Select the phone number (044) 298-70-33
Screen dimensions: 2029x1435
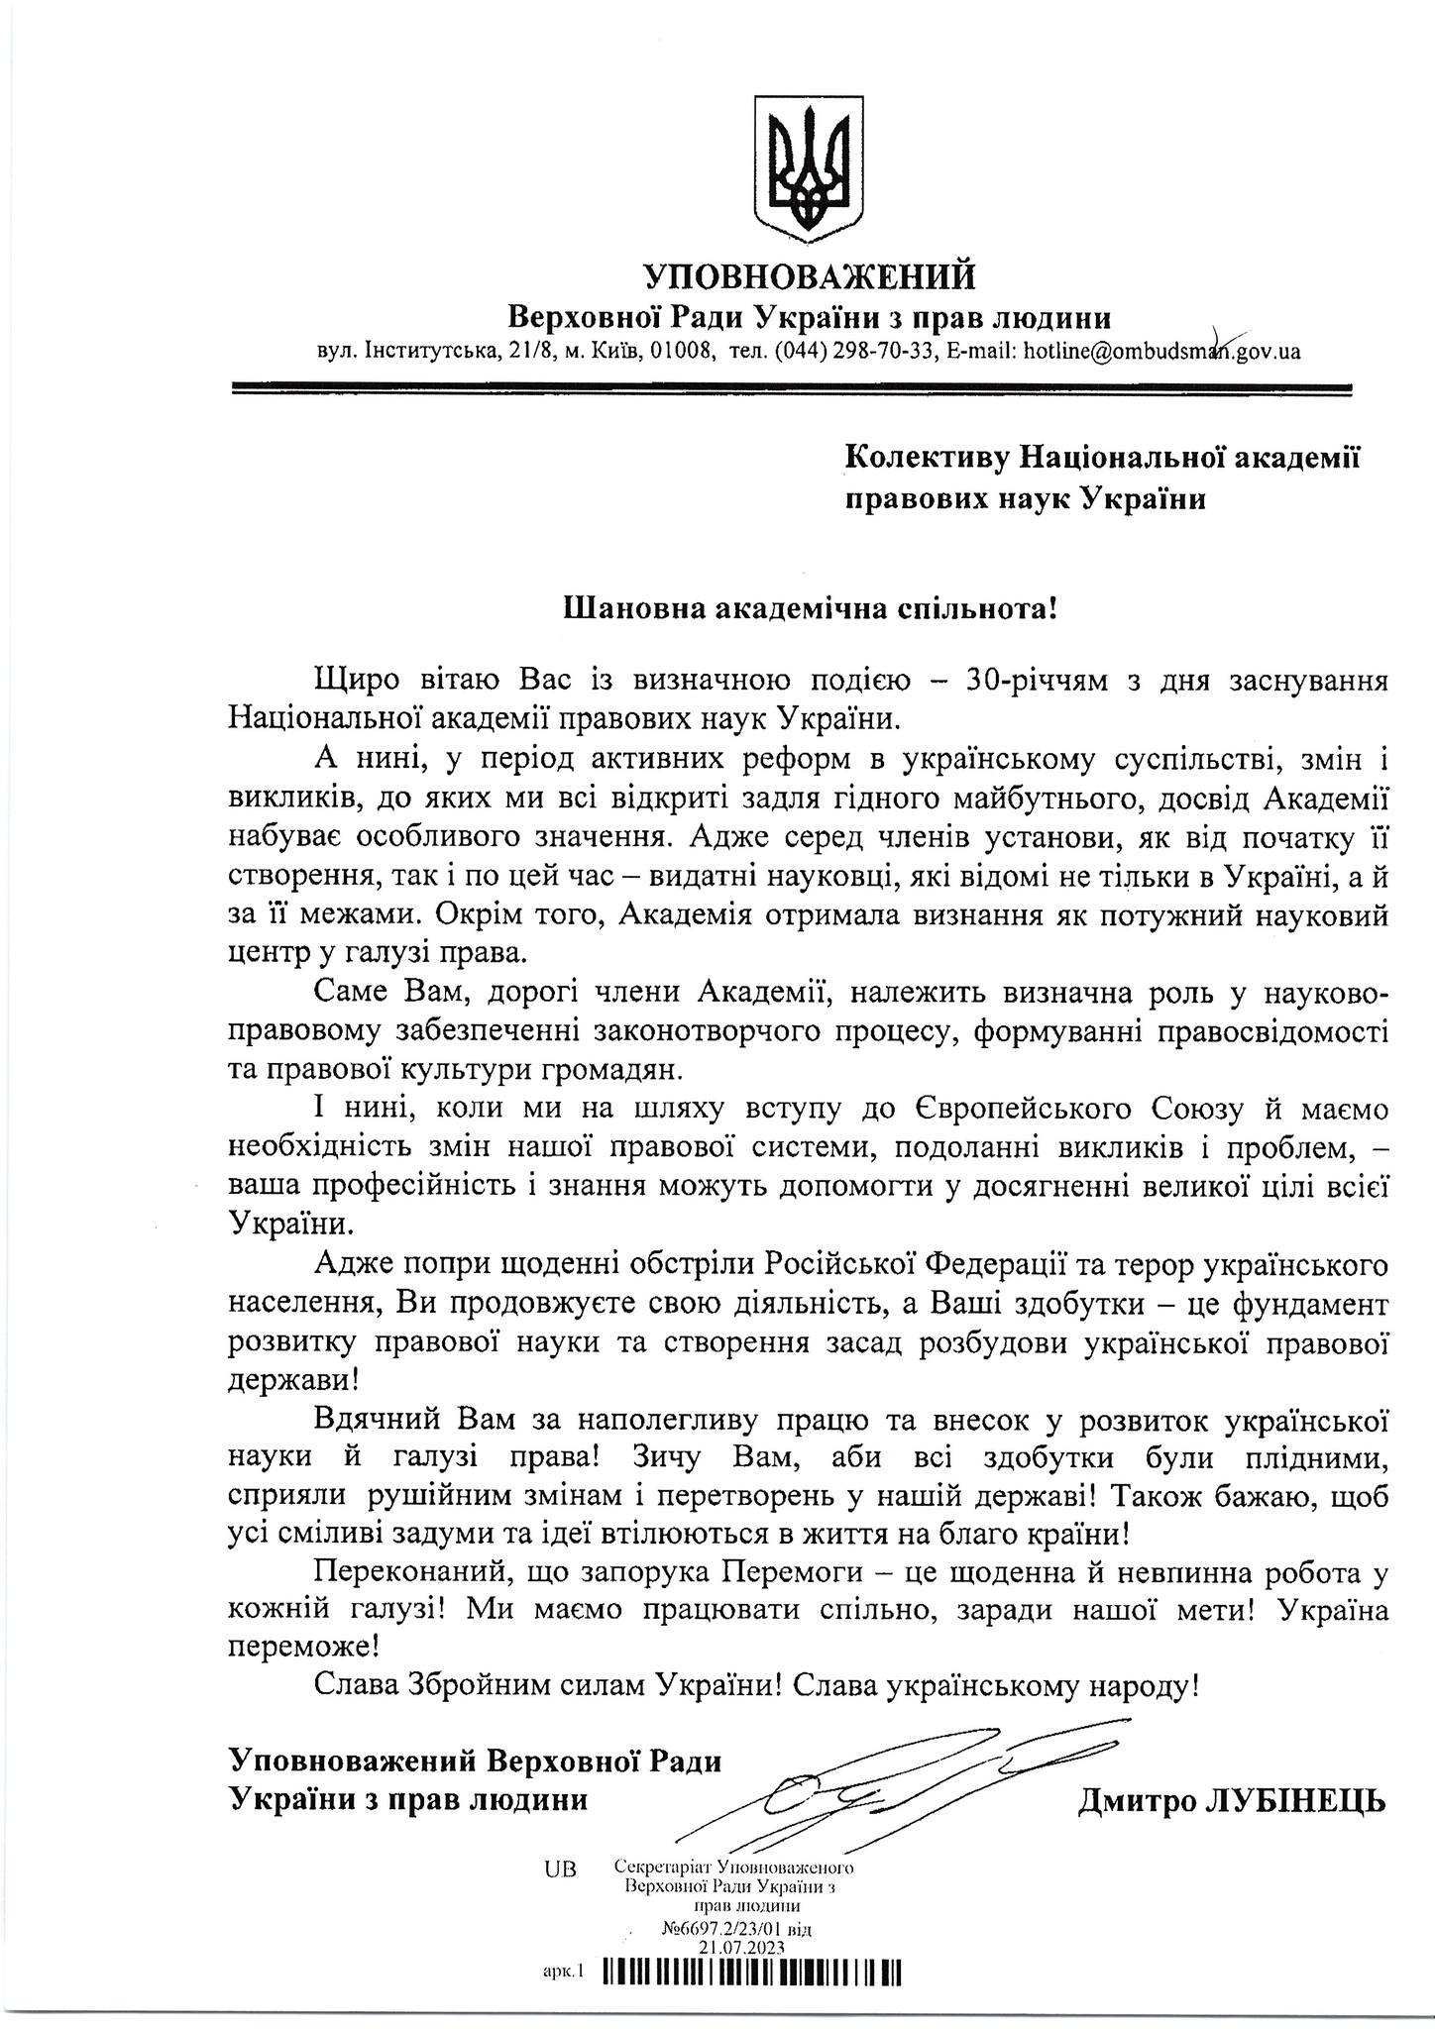(855, 351)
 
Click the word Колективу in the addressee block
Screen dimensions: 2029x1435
(927, 457)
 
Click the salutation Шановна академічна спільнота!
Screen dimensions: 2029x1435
(811, 607)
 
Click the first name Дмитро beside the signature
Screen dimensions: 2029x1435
(1134, 1799)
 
